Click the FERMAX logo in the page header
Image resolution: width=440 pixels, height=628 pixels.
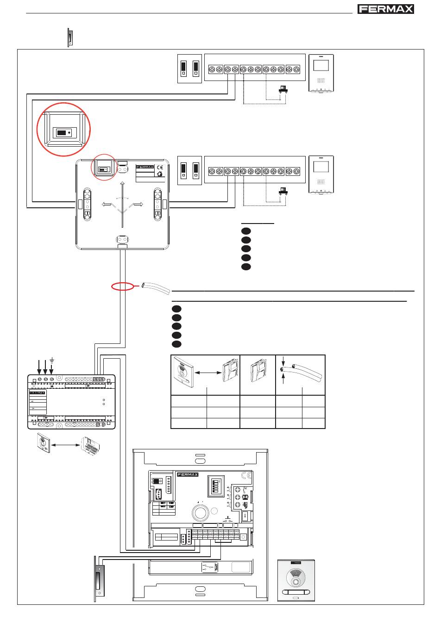(386, 9)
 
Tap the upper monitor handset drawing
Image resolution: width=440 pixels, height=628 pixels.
(321, 74)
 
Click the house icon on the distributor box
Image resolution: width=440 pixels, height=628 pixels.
(159, 174)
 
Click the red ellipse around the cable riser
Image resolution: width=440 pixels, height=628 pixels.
(123, 287)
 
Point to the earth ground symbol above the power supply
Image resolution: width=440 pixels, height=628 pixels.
(52, 360)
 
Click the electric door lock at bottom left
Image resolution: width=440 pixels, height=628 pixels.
(99, 578)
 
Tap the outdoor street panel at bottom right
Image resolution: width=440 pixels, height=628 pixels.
(295, 580)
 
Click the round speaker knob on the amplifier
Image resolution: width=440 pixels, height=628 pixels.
(200, 512)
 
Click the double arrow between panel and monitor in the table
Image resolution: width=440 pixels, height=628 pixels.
(206, 372)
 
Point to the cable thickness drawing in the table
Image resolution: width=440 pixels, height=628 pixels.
(300, 371)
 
